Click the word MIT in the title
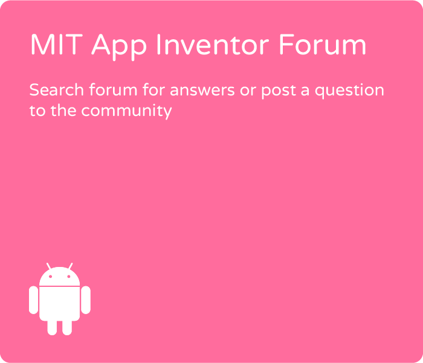tap(56, 45)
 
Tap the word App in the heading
tap(119, 47)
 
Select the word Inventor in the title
tap(213, 45)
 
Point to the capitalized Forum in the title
tap(322, 45)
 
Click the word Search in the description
tap(57, 90)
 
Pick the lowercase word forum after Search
tap(114, 89)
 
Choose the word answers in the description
tap(202, 91)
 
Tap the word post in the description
tap(279, 92)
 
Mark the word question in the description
tap(349, 91)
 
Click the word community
tap(126, 112)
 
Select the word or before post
tap(248, 91)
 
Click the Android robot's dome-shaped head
tap(60, 277)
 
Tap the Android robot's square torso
tap(60, 304)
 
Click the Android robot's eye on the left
tap(50, 277)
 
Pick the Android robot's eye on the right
tap(69, 277)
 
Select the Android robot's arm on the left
tap(33, 300)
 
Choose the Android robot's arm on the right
tap(86, 300)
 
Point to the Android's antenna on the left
tap(49, 266)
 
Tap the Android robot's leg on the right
tap(67, 328)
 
